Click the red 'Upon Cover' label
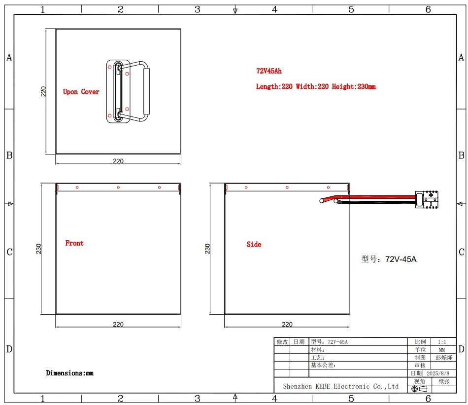coord(81,92)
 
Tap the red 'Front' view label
coord(74,243)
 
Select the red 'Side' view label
coord(254,244)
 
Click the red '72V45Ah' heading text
coord(268,71)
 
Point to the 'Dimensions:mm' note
coord(69,373)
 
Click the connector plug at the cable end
coord(427,199)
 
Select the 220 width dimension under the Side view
coord(287,324)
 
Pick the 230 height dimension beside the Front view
coord(38,249)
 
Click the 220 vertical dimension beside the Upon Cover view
coord(43,91)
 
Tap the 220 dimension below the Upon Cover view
coord(118,161)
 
